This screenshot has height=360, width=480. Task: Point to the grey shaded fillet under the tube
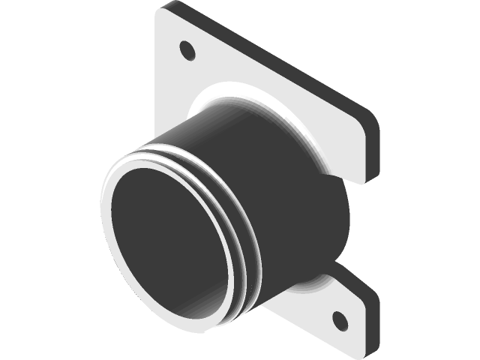click(300, 292)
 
